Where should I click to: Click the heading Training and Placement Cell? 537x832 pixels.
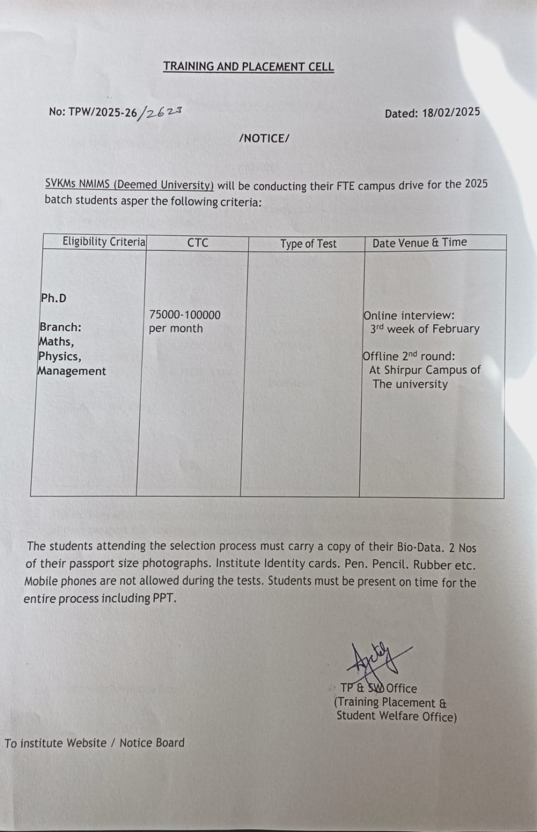[x=248, y=67]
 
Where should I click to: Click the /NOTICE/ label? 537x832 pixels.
[x=264, y=138]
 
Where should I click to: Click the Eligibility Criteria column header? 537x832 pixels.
[x=104, y=241]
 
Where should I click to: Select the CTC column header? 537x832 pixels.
[x=197, y=242]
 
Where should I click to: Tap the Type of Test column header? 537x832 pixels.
[x=308, y=244]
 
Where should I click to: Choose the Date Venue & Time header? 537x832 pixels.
[x=419, y=242]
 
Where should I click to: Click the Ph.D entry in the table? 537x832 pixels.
[x=54, y=298]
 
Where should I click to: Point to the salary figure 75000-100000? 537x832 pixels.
[x=185, y=315]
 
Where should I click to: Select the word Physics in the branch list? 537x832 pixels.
[x=59, y=356]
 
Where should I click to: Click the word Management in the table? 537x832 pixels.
[x=71, y=371]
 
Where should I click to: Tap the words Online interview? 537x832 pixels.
[x=409, y=315]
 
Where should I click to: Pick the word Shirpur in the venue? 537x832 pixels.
[x=405, y=370]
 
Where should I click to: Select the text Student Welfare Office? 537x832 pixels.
[x=396, y=716]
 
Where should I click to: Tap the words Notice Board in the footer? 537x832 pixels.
[x=152, y=743]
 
